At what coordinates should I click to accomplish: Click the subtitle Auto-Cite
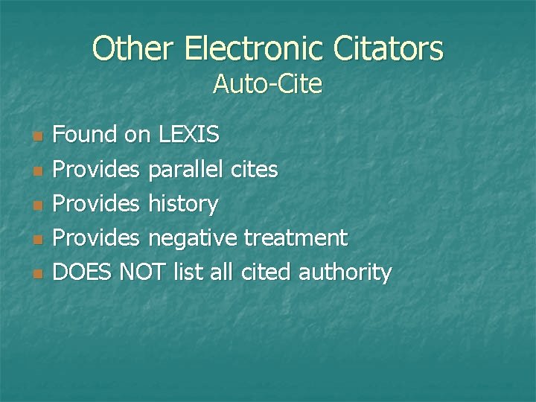point(267,85)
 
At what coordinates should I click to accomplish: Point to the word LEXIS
point(189,135)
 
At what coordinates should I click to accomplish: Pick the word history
point(183,204)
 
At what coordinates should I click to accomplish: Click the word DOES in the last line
point(83,272)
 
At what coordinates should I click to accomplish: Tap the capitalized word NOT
point(142,272)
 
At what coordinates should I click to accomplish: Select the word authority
point(345,272)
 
